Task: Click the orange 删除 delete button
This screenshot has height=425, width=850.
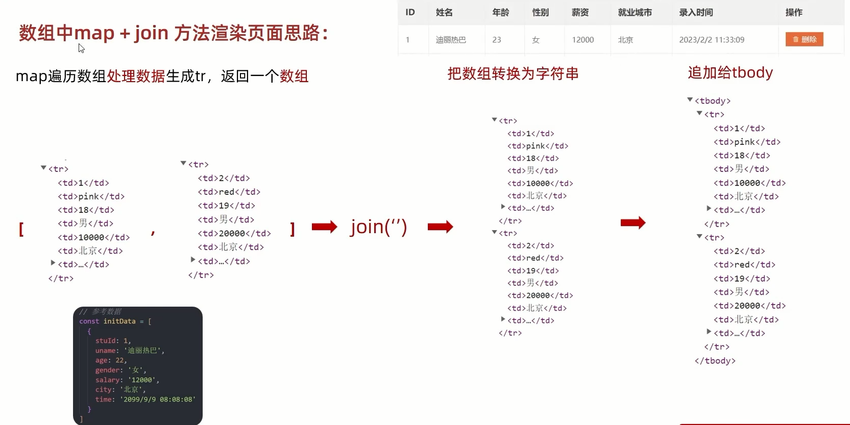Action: tap(804, 39)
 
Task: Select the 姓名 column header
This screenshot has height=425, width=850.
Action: tap(444, 12)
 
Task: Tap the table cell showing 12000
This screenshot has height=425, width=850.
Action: tap(582, 40)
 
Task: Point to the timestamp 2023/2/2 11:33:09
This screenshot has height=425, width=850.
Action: tap(711, 40)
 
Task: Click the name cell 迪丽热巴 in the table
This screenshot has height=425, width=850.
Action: tap(451, 40)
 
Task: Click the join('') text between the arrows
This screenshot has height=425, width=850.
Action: tap(378, 227)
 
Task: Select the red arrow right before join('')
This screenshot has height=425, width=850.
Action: tap(324, 227)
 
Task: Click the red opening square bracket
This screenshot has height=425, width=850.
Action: tap(21, 229)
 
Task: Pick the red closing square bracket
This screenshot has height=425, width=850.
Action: tap(292, 229)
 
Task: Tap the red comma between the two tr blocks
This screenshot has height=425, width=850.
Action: tap(153, 232)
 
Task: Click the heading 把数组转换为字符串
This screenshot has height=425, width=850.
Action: tap(513, 74)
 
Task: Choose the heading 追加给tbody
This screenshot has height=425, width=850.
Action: tap(730, 72)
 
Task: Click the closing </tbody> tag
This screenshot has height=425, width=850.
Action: tap(715, 361)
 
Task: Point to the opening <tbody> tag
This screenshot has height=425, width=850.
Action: tap(712, 101)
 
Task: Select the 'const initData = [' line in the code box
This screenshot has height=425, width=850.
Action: tap(115, 321)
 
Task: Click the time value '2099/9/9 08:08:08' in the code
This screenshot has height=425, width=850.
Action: tap(157, 399)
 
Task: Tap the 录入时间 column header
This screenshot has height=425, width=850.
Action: tap(696, 12)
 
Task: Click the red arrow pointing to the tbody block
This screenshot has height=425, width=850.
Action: tap(633, 222)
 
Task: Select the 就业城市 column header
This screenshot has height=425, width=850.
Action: tap(635, 12)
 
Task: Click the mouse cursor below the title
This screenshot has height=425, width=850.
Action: tap(81, 48)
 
